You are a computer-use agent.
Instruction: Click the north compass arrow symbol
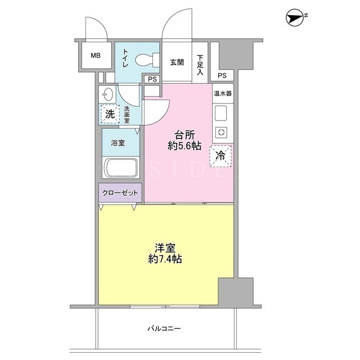pyautogui.click(x=295, y=17)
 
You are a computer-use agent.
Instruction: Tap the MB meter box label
pyautogui.click(x=96, y=55)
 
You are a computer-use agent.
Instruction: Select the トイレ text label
pyautogui.click(x=125, y=57)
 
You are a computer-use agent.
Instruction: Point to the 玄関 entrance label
pyautogui.click(x=177, y=62)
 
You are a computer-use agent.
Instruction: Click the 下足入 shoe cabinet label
pyautogui.click(x=200, y=65)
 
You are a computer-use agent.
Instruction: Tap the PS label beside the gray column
pyautogui.click(x=222, y=75)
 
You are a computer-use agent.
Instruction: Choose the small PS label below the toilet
pyautogui.click(x=152, y=79)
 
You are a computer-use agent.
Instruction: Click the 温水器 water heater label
pyautogui.click(x=223, y=93)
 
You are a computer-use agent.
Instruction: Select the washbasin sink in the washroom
pyautogui.click(x=107, y=94)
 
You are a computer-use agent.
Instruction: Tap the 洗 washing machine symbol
pyautogui.click(x=110, y=114)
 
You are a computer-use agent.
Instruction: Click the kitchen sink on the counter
pyautogui.click(x=221, y=114)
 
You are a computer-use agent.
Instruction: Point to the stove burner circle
pyautogui.click(x=221, y=133)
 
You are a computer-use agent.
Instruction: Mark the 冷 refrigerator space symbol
pyautogui.click(x=220, y=156)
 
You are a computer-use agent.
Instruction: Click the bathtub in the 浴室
pyautogui.click(x=121, y=168)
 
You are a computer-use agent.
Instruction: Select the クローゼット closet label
pyautogui.click(x=120, y=193)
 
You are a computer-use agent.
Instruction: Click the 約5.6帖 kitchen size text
pyautogui.click(x=184, y=146)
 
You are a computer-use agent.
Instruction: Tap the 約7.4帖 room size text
pyautogui.click(x=165, y=259)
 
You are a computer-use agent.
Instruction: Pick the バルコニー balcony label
pyautogui.click(x=164, y=328)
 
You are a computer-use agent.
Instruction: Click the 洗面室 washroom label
pyautogui.click(x=127, y=114)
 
